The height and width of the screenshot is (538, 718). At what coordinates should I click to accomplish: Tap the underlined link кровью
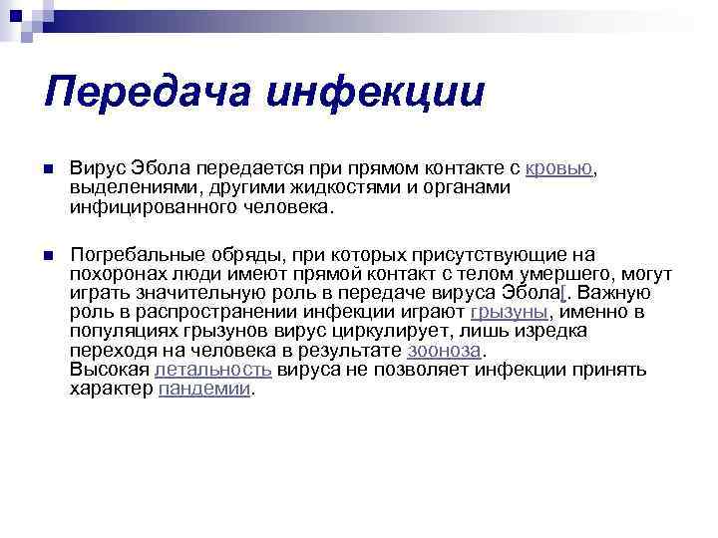point(559,167)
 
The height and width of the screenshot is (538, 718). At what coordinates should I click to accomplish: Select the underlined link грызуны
point(508,312)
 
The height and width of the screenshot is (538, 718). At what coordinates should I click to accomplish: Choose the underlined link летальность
point(213,370)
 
